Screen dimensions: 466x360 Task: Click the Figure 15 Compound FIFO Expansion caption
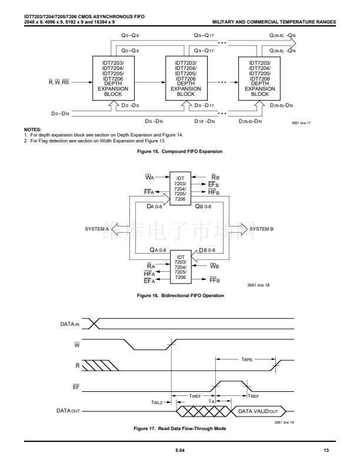180,152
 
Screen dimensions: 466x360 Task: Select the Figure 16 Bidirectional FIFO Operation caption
180,295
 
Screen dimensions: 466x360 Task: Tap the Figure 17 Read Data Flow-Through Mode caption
180,428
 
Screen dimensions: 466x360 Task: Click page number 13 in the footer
326,451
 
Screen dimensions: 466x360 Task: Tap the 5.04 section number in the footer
179,451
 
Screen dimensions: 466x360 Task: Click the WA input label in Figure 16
150,177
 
